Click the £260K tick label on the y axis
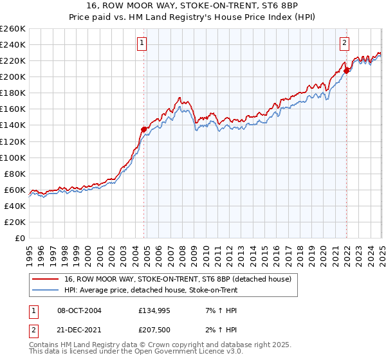click(13, 29)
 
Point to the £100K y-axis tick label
click(13, 157)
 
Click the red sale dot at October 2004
click(144, 129)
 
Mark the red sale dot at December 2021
click(346, 71)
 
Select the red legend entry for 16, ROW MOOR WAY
click(178, 279)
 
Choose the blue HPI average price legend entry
click(151, 291)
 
